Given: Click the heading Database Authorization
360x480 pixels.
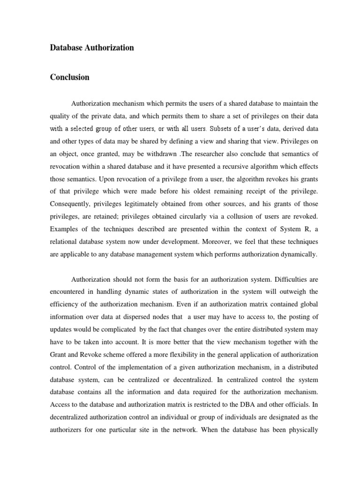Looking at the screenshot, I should point(92,48).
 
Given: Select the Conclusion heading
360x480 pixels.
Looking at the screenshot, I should point(69,77).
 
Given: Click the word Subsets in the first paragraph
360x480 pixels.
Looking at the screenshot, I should point(223,128).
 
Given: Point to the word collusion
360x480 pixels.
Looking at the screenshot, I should point(237,217).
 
